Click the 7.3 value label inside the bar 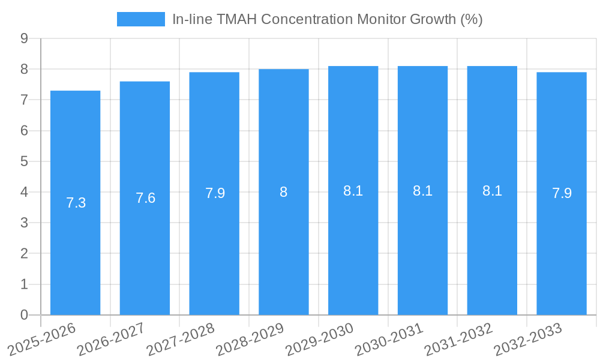[76, 203]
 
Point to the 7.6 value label [145, 198]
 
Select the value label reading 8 [284, 192]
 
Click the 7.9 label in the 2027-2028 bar [215, 193]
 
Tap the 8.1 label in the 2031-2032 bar [492, 191]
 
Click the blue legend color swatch [140, 19]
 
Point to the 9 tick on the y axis [24, 38]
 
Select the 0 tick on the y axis [24, 315]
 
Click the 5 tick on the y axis [24, 161]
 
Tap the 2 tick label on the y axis [24, 254]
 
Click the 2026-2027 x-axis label [111, 339]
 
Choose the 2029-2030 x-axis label [319, 339]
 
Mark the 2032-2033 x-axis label [527, 339]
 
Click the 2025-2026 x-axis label [41, 339]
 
